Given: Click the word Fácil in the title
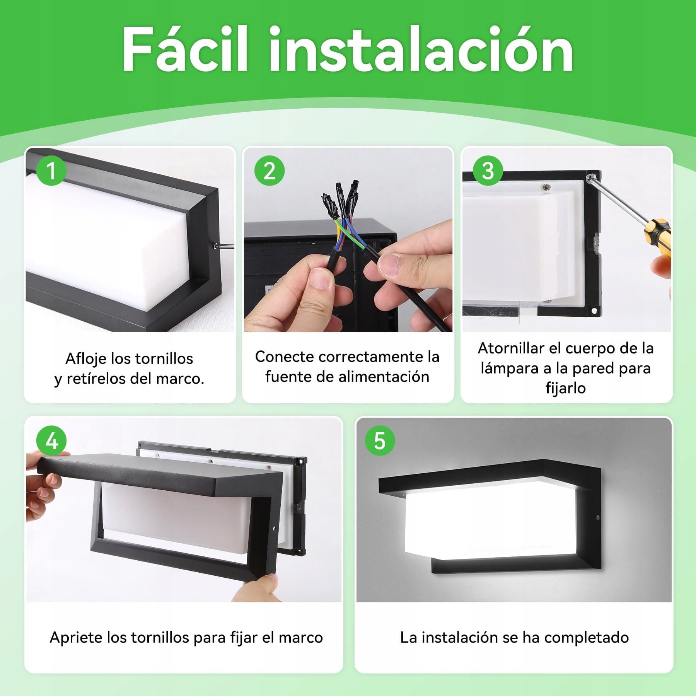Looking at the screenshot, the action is pos(185,49).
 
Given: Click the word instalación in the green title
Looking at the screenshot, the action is pos(421,49).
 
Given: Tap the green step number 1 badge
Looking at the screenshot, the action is pos(51,171).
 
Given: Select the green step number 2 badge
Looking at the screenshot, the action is pos(270,171).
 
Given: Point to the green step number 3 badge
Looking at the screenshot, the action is pos(488,171).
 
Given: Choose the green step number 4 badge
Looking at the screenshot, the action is pos(51,441).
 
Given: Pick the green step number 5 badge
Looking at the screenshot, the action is pos(380,441).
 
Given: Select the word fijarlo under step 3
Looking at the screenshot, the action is pos(566,388).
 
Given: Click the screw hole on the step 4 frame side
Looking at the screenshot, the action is pos(274,527).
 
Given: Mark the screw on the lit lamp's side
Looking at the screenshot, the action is pos(598,517).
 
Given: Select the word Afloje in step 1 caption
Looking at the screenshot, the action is pos(86,359).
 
